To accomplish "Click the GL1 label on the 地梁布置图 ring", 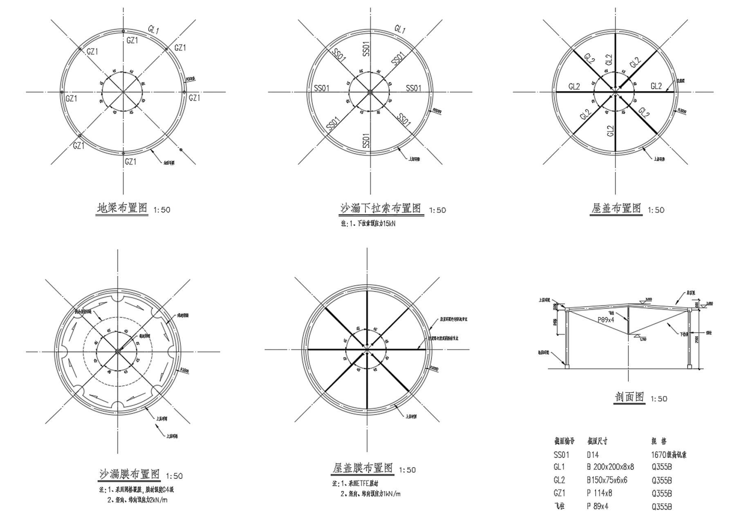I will click(x=153, y=29).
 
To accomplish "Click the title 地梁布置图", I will click(x=122, y=209).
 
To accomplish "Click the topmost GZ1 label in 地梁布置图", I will click(x=132, y=40).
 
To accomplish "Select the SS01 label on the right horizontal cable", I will click(x=413, y=88).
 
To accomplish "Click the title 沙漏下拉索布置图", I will click(x=381, y=209).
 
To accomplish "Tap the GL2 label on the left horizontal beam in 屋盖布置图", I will click(x=574, y=87).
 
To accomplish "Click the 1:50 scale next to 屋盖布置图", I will click(x=656, y=210).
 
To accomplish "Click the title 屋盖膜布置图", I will click(x=363, y=468).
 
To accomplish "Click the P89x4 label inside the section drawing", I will click(x=606, y=320).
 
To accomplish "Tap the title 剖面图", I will click(x=629, y=397).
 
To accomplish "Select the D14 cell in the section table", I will click(x=593, y=454).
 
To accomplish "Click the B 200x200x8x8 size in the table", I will click(x=610, y=467).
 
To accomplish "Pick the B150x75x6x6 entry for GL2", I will click(x=607, y=480).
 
